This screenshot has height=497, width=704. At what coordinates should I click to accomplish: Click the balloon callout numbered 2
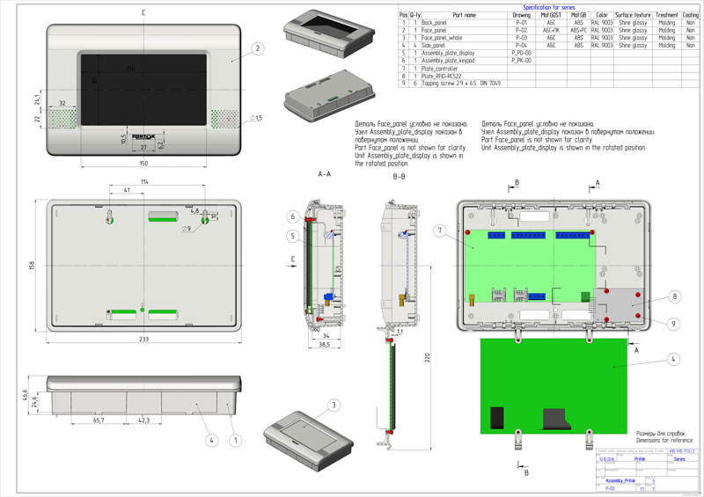(x=257, y=48)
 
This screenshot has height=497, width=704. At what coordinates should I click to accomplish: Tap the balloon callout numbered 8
(x=674, y=296)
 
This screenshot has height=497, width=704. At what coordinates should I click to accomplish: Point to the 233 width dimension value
(x=143, y=339)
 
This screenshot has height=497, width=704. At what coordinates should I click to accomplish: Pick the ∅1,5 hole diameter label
(x=258, y=118)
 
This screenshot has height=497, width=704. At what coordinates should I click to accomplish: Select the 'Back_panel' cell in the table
(x=435, y=22)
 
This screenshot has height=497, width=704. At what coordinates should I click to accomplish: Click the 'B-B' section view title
(x=399, y=177)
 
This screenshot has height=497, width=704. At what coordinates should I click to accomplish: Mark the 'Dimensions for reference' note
(x=665, y=440)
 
